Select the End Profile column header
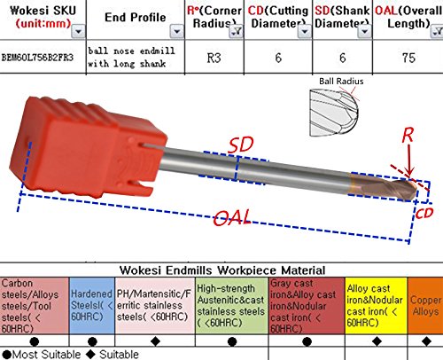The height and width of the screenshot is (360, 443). pyautogui.click(x=127, y=17)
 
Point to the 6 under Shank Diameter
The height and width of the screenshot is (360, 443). pyautogui.click(x=345, y=57)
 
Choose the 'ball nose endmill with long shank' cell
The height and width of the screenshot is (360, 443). pyautogui.click(x=129, y=57)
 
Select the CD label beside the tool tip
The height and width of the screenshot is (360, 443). pyautogui.click(x=425, y=211)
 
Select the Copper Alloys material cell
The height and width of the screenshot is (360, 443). pyautogui.click(x=425, y=302)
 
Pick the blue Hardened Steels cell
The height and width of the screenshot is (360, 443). pyautogui.click(x=91, y=302)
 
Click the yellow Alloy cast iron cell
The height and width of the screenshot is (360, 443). pyautogui.click(x=376, y=302)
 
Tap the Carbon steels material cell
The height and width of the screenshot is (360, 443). pyautogui.click(x=34, y=302)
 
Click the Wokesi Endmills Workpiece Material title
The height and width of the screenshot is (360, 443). pyautogui.click(x=221, y=270)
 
